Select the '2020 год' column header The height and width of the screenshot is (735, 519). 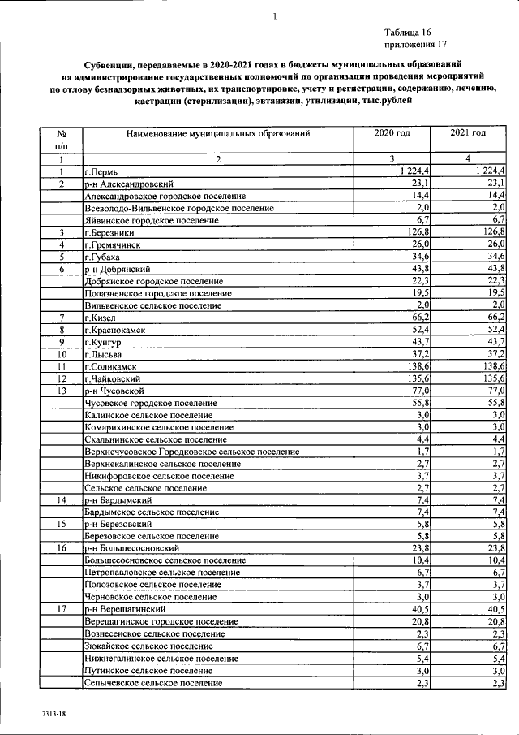tap(392, 132)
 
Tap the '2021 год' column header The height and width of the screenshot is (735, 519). tap(468, 132)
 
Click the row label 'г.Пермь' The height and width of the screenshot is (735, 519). tap(101, 171)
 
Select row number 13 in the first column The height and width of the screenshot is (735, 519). tap(61, 391)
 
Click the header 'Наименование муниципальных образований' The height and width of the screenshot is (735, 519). tap(218, 132)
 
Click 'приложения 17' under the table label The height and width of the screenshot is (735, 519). tap(414, 45)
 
